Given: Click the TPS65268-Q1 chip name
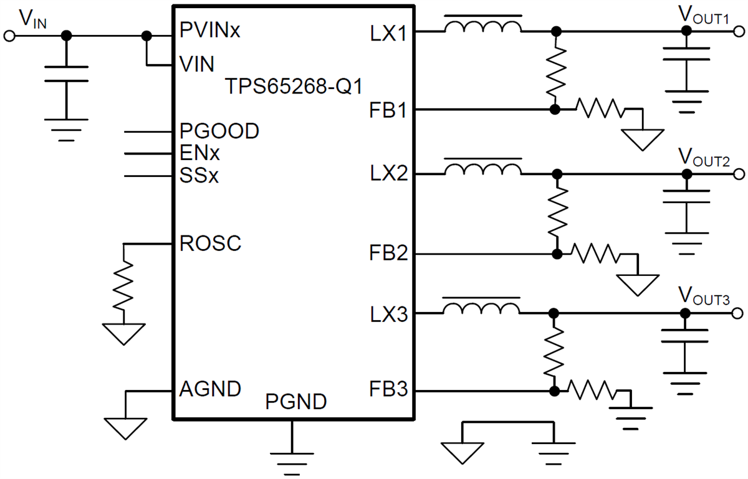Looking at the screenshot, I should point(293,86).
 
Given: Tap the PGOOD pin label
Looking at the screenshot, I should point(219,131).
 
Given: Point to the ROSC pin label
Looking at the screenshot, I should point(209,244).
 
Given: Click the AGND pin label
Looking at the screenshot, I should point(209,389).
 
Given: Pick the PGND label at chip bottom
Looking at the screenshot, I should point(295,402).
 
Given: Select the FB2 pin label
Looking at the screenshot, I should point(388,254).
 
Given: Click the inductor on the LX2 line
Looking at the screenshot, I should point(482,169).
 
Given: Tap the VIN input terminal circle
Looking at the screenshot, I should point(9,36).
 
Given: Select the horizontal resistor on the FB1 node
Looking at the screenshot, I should point(600,109).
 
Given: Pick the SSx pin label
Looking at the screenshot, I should point(199,176).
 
